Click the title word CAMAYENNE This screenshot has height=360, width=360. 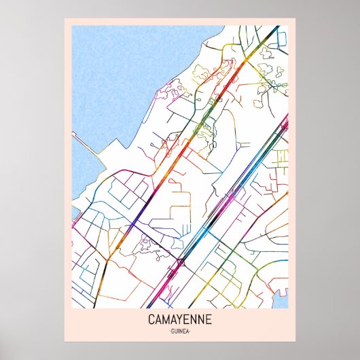coord(179,319)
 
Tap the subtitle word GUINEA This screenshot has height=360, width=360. coord(179,331)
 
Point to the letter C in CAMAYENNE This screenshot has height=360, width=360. coord(150,319)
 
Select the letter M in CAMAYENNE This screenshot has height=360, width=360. coord(166,319)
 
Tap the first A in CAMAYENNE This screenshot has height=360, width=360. coord(158,319)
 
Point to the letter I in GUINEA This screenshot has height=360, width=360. coord(178,331)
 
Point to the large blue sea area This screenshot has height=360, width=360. coord(129,75)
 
